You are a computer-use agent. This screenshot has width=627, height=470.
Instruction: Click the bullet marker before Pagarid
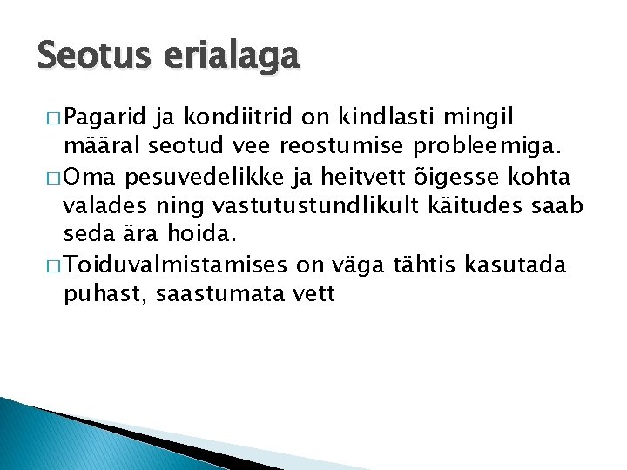click(51, 117)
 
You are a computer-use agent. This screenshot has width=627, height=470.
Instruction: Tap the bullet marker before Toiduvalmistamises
click(51, 265)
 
